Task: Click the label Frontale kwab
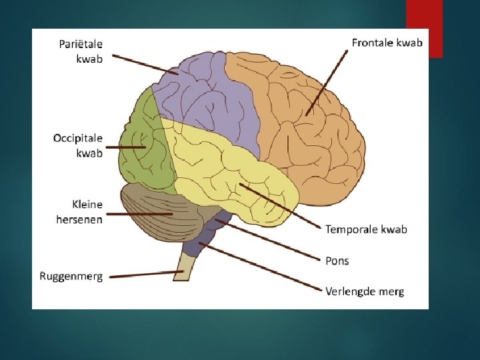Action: (x=387, y=42)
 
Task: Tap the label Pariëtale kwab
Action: (x=81, y=50)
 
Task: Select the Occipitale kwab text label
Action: (x=78, y=145)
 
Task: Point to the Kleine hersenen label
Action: (x=79, y=211)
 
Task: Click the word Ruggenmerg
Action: (x=71, y=276)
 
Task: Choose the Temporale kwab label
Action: (x=366, y=229)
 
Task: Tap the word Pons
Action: (x=337, y=261)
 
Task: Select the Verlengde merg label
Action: (x=365, y=291)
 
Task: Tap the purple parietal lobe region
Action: (x=207, y=93)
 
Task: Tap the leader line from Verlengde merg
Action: (x=260, y=267)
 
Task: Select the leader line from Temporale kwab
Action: (x=280, y=207)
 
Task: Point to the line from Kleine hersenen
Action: (x=137, y=214)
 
